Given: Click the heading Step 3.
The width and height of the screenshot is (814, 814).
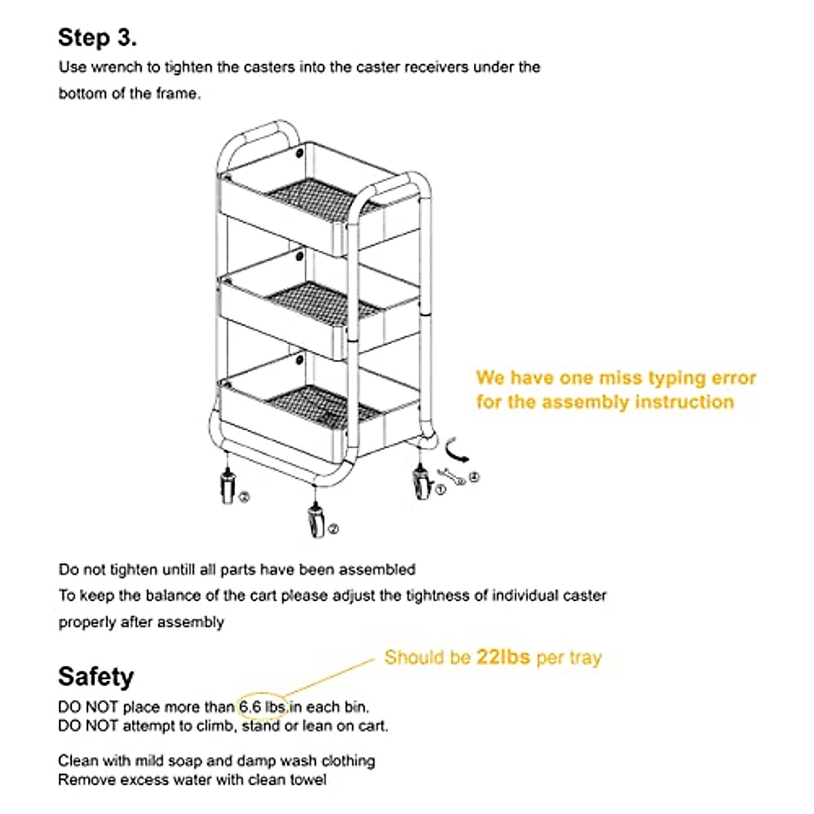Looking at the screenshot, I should (x=97, y=37).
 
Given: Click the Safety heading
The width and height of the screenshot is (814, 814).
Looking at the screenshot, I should (x=96, y=676).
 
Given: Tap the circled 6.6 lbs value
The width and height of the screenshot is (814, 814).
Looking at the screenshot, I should (x=262, y=707).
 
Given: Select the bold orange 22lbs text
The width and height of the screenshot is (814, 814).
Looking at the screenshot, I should (x=503, y=657).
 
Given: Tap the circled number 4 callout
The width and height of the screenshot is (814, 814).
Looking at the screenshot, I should (x=474, y=478).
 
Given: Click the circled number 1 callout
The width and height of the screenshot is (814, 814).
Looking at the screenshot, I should (x=440, y=490).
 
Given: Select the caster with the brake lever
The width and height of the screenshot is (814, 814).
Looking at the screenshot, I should (x=423, y=483).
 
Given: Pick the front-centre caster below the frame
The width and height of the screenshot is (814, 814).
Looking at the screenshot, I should (x=315, y=521).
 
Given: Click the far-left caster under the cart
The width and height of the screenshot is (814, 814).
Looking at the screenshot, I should (x=227, y=486).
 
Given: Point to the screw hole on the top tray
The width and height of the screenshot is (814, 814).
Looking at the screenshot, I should (x=300, y=153).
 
